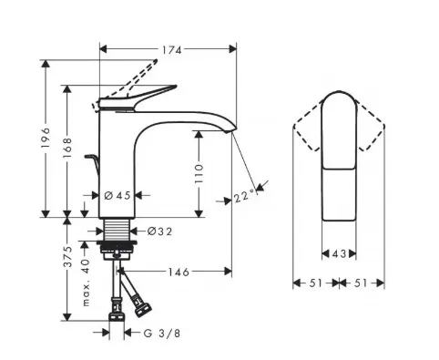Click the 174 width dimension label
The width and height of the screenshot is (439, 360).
[x=172, y=50]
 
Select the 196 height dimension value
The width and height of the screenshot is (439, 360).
[x=46, y=138]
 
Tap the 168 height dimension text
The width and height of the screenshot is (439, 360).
[x=67, y=148]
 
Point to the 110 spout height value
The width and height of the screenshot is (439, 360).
[x=199, y=173]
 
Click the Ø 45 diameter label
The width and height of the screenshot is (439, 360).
[x=117, y=195]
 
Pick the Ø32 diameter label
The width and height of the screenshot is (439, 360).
[x=159, y=231]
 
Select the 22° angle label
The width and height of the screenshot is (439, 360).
[x=244, y=196]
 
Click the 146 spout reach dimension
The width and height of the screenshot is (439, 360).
[x=179, y=272]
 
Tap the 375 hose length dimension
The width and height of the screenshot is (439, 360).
[x=67, y=257]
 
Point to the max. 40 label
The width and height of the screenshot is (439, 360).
[x=86, y=283]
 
